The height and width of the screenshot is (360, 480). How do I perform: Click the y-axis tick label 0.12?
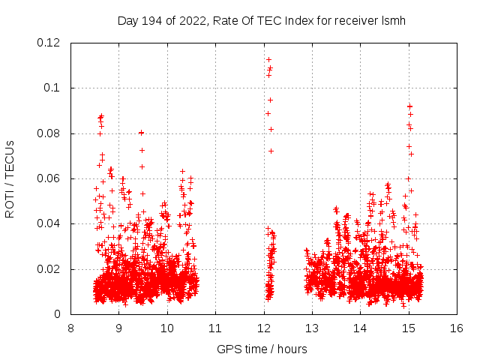pos(49,43)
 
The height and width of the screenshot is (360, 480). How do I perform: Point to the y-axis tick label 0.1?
pos(52,88)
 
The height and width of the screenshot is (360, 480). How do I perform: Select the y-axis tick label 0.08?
pos(49,133)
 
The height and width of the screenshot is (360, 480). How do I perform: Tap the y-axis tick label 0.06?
pos(49,178)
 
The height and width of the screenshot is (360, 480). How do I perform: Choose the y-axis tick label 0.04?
pos(49,223)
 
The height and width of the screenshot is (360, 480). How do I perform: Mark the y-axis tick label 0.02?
pos(49,269)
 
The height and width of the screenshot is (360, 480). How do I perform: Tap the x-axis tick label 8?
pos(70,328)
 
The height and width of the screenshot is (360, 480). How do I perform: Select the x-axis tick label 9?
pos(119,328)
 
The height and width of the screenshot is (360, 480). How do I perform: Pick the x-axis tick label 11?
pos(215,328)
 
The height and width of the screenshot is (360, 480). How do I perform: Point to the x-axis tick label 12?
pos(264,328)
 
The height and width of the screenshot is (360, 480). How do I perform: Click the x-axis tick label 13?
pos(312,328)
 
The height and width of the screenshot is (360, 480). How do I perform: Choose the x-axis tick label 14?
pos(361,328)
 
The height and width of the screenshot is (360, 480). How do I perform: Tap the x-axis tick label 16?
pos(457,328)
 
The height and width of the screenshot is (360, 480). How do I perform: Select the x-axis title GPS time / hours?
pos(262,349)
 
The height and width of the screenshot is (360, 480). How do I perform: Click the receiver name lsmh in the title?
pos(394,20)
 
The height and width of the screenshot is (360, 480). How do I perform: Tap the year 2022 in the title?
pos(192,20)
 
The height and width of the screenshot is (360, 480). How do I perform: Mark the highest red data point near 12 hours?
pos(268,59)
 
